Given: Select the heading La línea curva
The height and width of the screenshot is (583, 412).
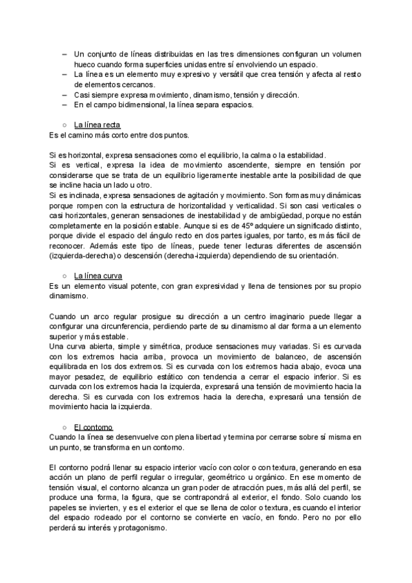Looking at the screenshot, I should click(x=98, y=276).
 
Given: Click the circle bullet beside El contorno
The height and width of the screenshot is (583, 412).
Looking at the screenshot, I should click(x=64, y=428).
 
